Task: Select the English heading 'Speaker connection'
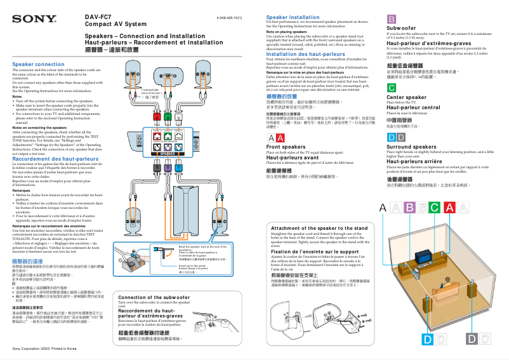(39, 65)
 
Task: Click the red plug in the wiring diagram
(154, 117)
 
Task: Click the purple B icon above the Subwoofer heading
(392, 19)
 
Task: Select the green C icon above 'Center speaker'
(392, 88)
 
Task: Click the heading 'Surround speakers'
(411, 147)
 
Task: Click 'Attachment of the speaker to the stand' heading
(319, 228)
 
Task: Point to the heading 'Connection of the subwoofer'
(153, 297)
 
